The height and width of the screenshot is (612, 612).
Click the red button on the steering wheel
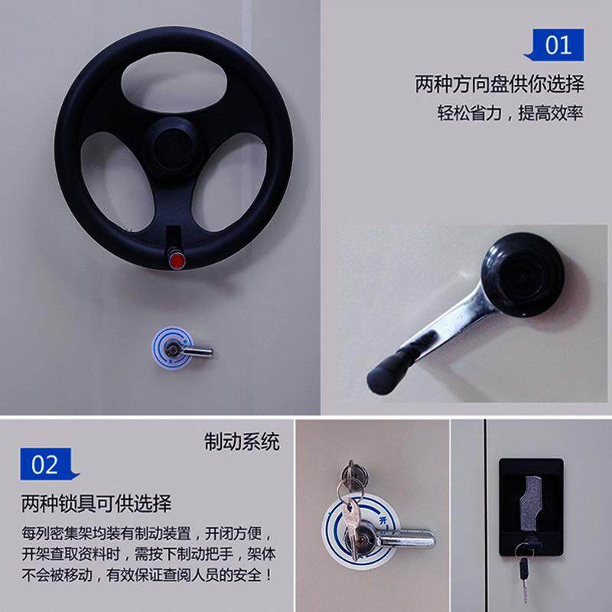177,261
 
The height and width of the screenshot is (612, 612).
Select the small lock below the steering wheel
181,349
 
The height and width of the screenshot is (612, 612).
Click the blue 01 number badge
556,45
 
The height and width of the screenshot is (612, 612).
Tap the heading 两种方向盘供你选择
499,83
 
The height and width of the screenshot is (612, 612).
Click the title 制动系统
242,441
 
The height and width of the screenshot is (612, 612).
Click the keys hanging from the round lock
353,505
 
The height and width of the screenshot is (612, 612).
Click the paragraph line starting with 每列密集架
145,532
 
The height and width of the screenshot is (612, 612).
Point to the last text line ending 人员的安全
145,573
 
